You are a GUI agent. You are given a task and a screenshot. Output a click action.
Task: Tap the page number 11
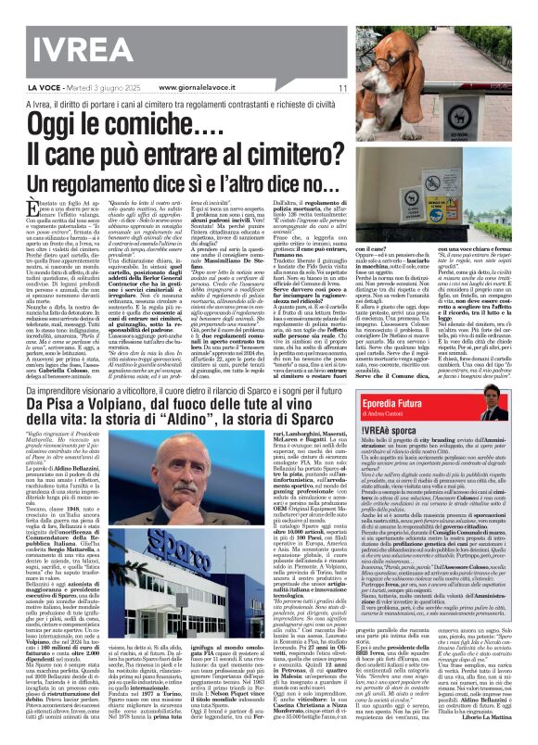342,88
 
